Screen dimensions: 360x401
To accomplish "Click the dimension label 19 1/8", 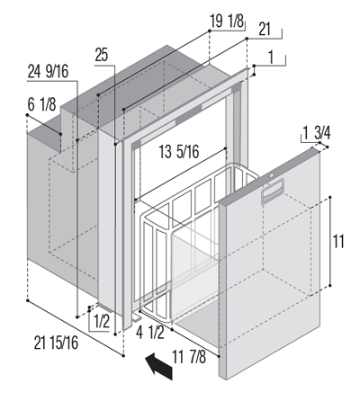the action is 227,22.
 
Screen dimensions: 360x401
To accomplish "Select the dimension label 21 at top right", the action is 265,30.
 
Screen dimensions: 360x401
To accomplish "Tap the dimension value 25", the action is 102,55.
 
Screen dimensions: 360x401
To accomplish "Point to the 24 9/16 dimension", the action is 48,72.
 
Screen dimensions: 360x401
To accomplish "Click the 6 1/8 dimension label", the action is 41,104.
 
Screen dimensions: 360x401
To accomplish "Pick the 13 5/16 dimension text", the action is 179,152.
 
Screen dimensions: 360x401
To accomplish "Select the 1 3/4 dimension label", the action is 317,133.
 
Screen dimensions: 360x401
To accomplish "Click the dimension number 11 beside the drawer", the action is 338,242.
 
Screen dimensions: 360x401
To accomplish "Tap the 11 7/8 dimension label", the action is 189,357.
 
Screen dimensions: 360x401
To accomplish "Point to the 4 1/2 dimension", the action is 150,333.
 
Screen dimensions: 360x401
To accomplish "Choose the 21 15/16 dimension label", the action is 56,343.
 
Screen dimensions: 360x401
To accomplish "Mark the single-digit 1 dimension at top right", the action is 271,58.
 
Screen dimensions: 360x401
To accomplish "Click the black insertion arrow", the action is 158,366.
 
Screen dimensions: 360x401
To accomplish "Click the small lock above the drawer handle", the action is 271,176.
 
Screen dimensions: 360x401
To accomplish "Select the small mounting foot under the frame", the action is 138,316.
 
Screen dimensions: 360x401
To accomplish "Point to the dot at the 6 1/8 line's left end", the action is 27,115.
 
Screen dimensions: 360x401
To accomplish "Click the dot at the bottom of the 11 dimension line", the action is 330,286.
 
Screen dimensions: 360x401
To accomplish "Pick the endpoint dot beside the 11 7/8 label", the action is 219,356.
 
